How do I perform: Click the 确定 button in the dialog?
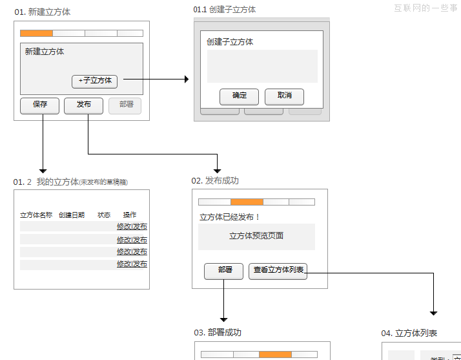[239, 96]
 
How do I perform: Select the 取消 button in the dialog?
[284, 96]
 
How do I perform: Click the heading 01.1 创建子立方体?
[224, 10]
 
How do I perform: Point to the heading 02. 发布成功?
[215, 181]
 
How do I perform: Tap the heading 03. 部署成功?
[218, 332]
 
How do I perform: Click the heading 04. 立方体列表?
[409, 333]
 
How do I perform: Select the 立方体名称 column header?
[36, 215]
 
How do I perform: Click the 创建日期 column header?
[71, 215]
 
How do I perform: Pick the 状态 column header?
[104, 215]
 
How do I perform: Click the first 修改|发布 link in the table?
[132, 227]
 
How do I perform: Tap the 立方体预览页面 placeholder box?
[256, 237]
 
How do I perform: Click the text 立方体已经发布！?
[230, 217]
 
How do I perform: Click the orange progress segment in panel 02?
[247, 202]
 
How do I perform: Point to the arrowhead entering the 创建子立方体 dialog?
[187, 79]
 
